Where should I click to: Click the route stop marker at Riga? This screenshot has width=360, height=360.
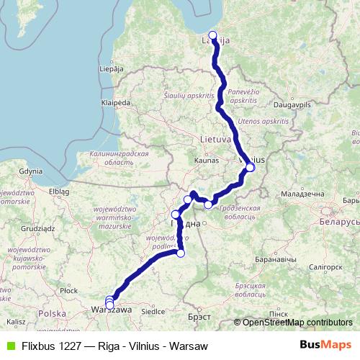[212, 35]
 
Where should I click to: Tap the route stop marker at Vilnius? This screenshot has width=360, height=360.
[250, 168]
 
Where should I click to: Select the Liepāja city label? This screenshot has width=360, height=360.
[109, 70]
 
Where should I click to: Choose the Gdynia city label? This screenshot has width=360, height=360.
[32, 172]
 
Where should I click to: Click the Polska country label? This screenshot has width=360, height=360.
[52, 314]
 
